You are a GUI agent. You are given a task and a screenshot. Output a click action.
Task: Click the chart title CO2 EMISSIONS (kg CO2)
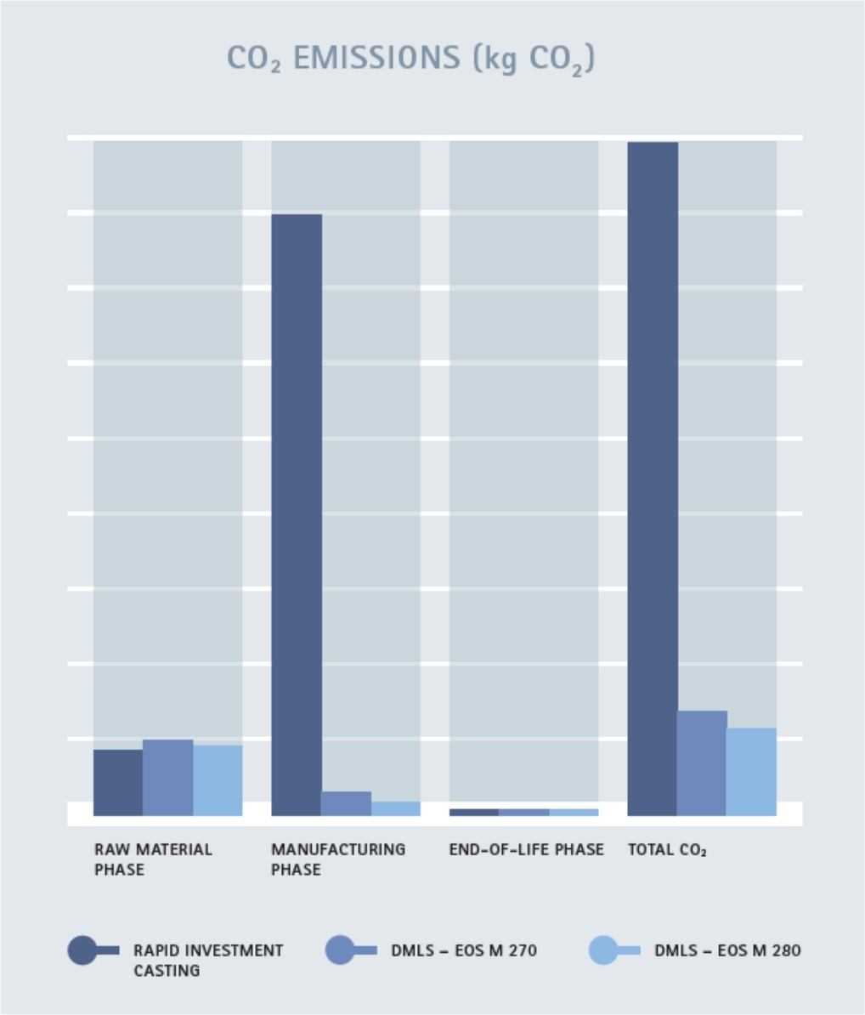(410, 59)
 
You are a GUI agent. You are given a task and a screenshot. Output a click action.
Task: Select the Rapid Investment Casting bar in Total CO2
(653, 476)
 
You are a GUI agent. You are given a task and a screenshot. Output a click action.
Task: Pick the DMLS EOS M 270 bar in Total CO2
(702, 763)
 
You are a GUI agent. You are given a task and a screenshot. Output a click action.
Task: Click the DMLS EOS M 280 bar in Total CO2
(751, 771)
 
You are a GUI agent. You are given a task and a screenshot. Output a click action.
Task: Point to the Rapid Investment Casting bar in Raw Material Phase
(118, 782)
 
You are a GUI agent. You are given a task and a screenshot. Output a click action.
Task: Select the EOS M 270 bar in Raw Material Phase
(167, 777)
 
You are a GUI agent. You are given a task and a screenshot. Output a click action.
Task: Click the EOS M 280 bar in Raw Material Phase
(218, 780)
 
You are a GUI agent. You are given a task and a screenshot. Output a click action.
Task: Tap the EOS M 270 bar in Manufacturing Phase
(346, 803)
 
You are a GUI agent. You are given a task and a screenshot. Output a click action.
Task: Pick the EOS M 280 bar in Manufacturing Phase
(395, 808)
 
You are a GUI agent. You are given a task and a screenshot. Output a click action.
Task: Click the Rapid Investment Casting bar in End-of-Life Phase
(474, 812)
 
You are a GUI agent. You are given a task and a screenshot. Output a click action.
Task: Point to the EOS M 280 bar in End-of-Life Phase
(574, 812)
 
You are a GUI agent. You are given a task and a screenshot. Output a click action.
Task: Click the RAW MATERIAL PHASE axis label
(153, 859)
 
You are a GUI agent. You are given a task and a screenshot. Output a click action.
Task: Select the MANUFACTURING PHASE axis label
(338, 859)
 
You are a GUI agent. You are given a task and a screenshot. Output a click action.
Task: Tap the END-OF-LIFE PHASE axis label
(526, 849)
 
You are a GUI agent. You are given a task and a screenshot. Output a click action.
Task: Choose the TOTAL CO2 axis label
(667, 849)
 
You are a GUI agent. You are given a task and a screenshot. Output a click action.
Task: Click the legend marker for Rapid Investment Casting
(83, 950)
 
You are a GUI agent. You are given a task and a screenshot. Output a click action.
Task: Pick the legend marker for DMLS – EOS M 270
(341, 950)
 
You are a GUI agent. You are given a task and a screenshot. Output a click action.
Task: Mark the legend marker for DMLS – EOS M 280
(603, 950)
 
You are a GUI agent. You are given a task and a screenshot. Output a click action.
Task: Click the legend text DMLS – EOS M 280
(727, 950)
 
